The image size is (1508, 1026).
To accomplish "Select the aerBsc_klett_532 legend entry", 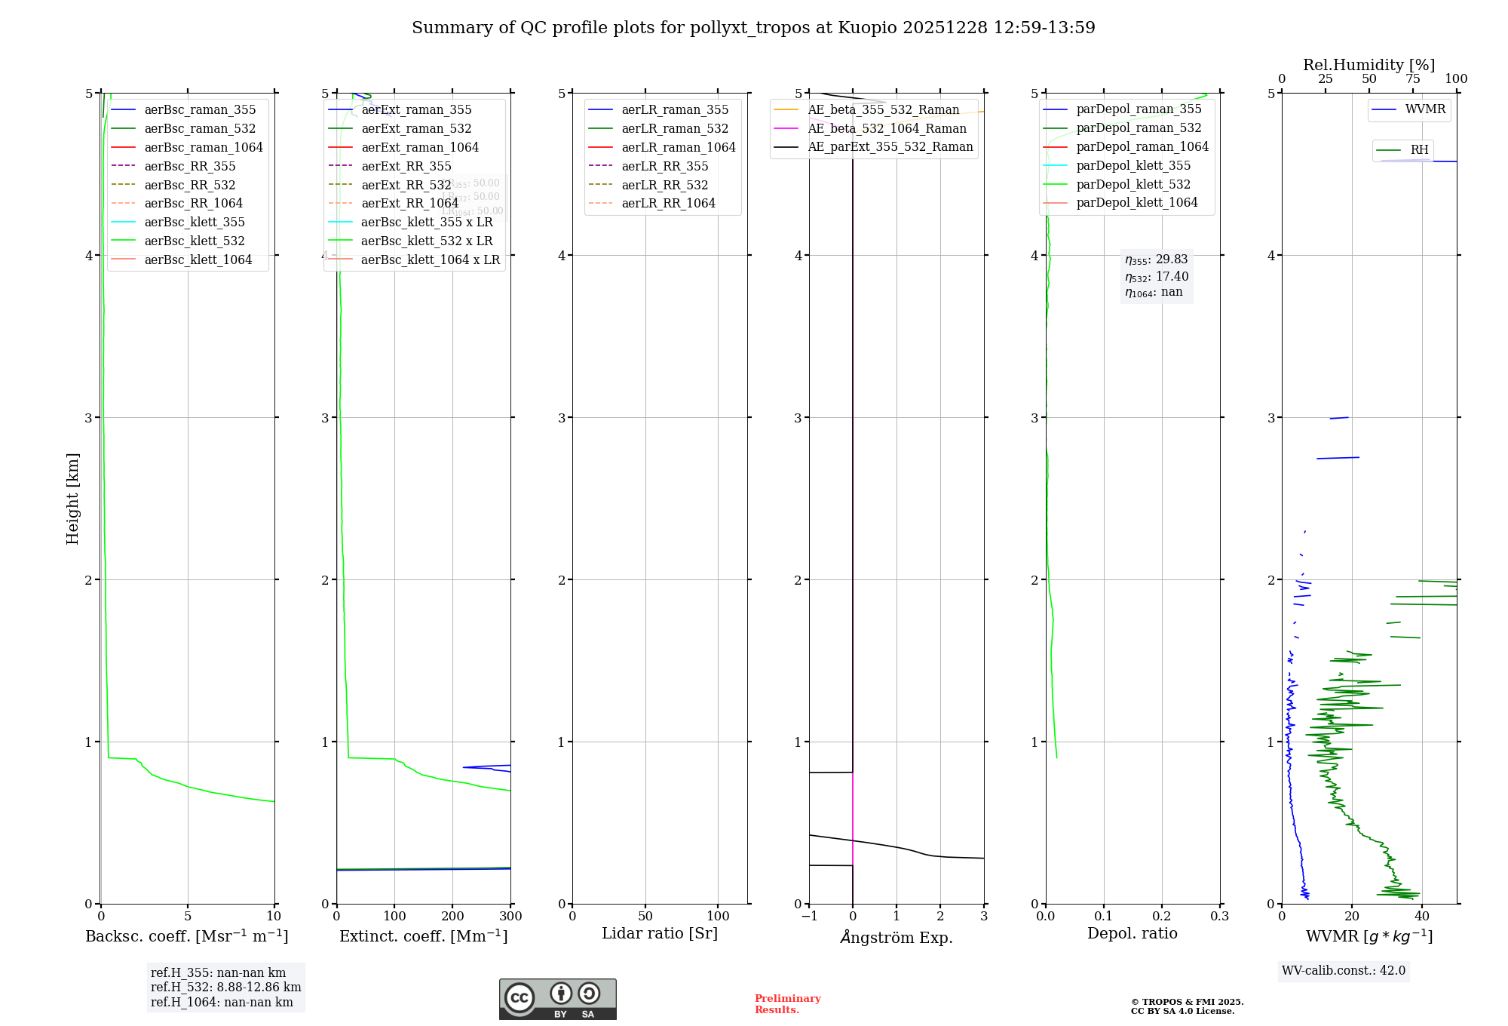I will pos(194,241).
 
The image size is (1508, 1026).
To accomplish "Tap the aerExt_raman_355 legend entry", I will pos(416,110).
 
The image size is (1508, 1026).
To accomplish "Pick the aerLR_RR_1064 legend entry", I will pos(668,203).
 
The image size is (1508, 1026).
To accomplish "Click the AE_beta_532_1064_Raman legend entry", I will pos(887,128).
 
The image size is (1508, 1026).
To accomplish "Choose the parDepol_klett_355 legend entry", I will pos(1133,165).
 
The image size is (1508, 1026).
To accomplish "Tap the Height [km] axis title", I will pos(72,498).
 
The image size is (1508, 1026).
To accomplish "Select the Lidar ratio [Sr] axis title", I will pos(660,933).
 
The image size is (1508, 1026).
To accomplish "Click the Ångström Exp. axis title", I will pos(897,937).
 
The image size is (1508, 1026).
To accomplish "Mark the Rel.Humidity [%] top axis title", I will pos(1369,65).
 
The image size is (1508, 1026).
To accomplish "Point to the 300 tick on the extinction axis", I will pos(510,916).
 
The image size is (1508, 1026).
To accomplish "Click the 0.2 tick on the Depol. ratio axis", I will pos(1162,916).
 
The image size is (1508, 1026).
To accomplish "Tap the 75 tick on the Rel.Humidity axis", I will pos(1413,79).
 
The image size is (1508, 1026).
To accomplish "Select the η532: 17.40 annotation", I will pos(1157,277).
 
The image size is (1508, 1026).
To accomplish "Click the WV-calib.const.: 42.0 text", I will pos(1344,970).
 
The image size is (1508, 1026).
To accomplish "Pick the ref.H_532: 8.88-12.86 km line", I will pos(225,987).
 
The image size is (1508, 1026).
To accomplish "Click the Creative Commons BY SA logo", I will pos(557,999).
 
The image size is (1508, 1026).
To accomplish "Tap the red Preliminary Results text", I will pos(787,1003).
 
